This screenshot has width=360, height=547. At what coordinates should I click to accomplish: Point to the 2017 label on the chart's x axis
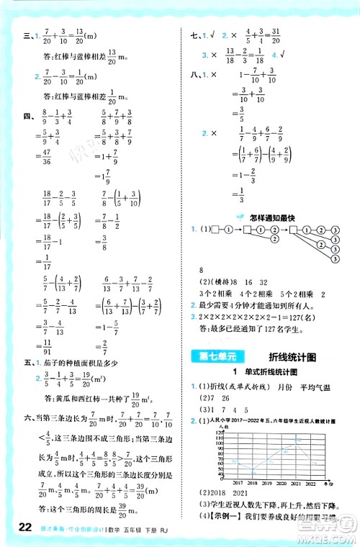point(217,464)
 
